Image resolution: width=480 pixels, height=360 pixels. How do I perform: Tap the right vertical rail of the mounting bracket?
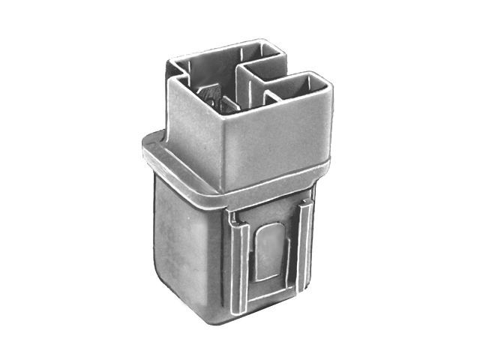point(304,247)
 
